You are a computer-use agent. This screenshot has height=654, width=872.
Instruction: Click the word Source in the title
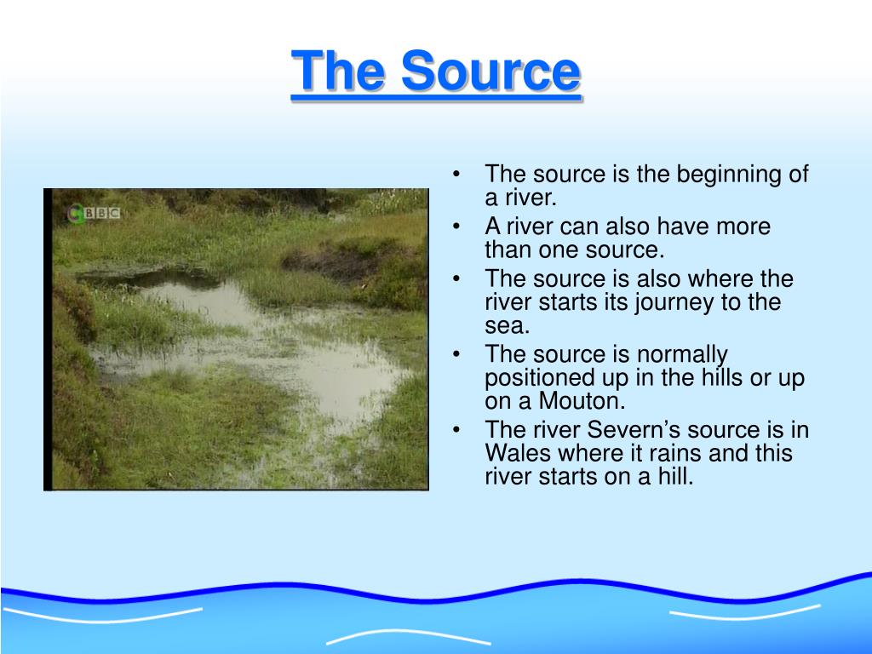(x=491, y=72)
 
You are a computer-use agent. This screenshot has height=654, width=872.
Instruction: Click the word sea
(x=507, y=325)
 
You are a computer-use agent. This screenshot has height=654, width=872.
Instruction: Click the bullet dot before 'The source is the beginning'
(x=458, y=175)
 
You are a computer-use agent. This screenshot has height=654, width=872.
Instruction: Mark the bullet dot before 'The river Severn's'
(x=458, y=431)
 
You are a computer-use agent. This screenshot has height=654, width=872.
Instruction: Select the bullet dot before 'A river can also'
(x=458, y=227)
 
